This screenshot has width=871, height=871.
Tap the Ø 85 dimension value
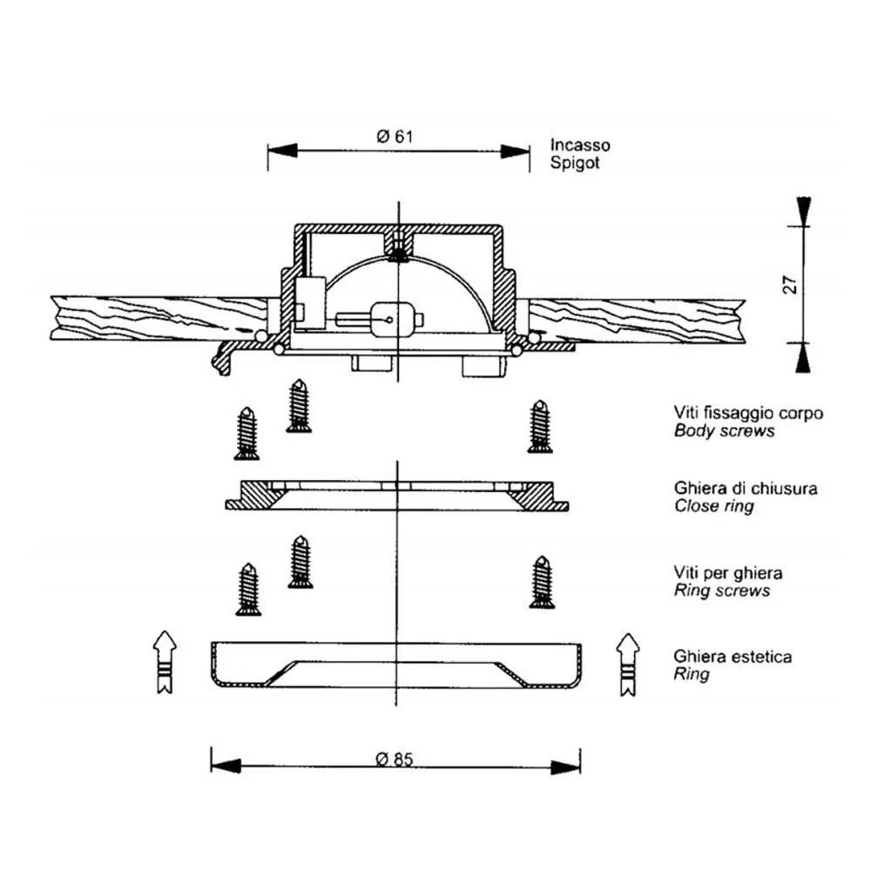coord(394,759)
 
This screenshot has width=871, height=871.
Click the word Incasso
coord(580,145)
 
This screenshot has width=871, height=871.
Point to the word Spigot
coord(575,162)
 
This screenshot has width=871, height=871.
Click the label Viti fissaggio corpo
coord(748,413)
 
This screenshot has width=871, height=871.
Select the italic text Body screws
coord(723,430)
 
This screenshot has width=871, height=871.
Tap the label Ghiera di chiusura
coord(745,489)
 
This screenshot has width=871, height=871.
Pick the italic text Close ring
coord(713,506)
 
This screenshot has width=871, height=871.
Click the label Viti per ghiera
coord(727,573)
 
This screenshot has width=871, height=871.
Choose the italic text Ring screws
coord(722,591)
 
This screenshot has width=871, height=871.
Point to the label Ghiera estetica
coord(733,657)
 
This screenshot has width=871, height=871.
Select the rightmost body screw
coord(539,426)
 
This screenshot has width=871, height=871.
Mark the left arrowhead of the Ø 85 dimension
coord(224,766)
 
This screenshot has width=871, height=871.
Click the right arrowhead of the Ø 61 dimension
coord(516,151)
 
